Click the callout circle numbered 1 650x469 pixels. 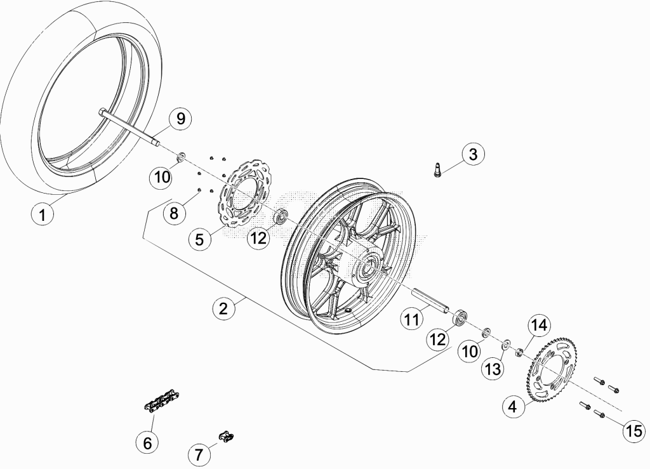coord(43,215)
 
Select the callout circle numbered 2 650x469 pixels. coord(223,308)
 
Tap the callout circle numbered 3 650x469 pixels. coord(473,154)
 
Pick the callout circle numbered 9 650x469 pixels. coord(181,119)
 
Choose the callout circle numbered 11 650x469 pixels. coord(412,319)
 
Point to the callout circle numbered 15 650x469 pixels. coord(634,432)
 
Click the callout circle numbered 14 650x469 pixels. coord(540,325)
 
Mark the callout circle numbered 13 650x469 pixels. coord(493,368)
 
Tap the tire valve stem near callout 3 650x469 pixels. coord(437,170)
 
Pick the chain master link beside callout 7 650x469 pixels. coord(227,436)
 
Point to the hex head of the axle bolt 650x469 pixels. coord(102,112)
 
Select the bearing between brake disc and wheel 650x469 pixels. coord(281,216)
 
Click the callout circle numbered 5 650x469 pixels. coord(200,239)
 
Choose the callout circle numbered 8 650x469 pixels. coord(174,213)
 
